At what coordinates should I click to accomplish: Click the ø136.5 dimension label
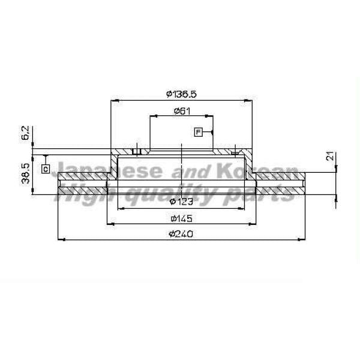pyautogui.click(x=181, y=94)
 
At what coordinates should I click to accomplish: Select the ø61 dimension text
pyautogui.click(x=182, y=111)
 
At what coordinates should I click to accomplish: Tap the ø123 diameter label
pyautogui.click(x=181, y=202)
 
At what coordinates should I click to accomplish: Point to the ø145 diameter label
pyautogui.click(x=181, y=218)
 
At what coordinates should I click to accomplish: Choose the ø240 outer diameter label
pyautogui.click(x=181, y=234)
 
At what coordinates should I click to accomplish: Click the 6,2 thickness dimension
pyautogui.click(x=25, y=133)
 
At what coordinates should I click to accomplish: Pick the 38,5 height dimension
pyautogui.click(x=25, y=173)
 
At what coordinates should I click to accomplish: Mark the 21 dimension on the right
pyautogui.click(x=330, y=156)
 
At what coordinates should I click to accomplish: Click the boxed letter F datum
pyautogui.click(x=199, y=132)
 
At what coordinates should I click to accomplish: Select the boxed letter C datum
pyautogui.click(x=46, y=169)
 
